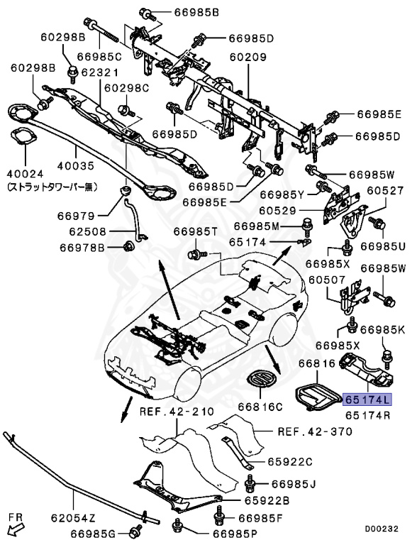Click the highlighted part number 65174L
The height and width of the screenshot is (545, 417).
pyautogui.click(x=367, y=400)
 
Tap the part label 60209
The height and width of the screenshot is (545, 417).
pyautogui.click(x=248, y=57)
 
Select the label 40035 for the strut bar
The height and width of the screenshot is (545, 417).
pyautogui.click(x=75, y=166)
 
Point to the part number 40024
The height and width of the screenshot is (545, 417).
pyautogui.click(x=26, y=173)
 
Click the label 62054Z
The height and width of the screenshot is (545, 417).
pyautogui.click(x=73, y=518)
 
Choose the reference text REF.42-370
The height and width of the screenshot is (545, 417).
pyautogui.click(x=315, y=431)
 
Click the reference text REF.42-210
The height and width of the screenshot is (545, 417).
pyautogui.click(x=177, y=412)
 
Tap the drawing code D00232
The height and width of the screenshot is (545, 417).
pyautogui.click(x=382, y=529)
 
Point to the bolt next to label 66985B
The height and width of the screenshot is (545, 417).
pyautogui.click(x=146, y=14)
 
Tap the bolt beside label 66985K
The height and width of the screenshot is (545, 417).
pyautogui.click(x=387, y=358)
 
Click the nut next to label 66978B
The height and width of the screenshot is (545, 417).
pyautogui.click(x=129, y=246)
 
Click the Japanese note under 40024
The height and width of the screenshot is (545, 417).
pyautogui.click(x=52, y=187)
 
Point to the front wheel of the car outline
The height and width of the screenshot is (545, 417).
pyautogui.click(x=188, y=384)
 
